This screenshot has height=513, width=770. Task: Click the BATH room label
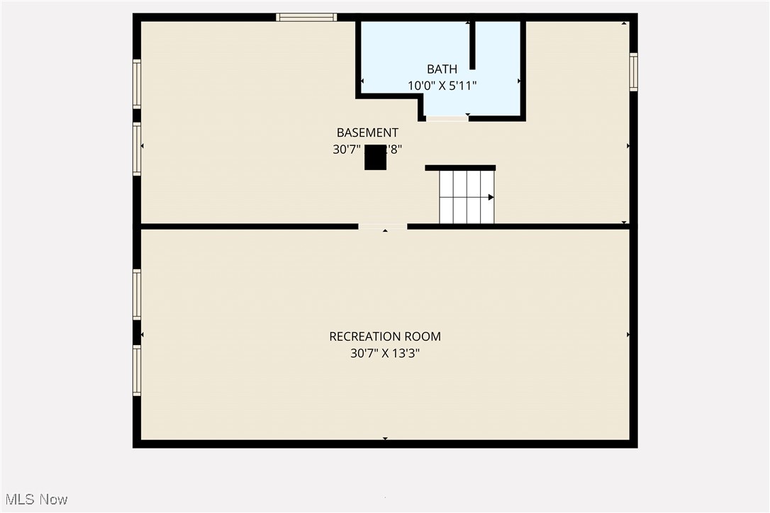pos(442,69)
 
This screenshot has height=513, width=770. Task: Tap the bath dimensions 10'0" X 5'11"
pos(442,86)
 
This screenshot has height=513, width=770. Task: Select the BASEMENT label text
pos(367,133)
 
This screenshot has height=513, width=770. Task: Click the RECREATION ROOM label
pos(385,337)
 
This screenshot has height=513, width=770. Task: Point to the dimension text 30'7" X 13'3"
pos(385,353)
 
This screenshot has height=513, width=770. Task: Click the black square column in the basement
pos(375,157)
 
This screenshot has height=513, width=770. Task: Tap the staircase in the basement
pos(467,197)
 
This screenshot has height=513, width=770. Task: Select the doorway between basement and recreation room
pos(383,227)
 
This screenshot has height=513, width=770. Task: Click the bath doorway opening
pos(447,118)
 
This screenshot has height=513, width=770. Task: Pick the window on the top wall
pos(306,17)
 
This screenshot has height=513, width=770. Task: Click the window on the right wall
pos(633,72)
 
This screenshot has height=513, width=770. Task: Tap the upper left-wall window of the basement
pos(137,84)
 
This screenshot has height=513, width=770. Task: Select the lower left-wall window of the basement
pos(137,149)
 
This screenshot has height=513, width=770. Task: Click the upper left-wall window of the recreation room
pos(137,294)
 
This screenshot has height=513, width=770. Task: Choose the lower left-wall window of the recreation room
pos(137,370)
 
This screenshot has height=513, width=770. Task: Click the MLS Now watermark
pos(35,500)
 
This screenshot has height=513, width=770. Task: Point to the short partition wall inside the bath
pos(472,45)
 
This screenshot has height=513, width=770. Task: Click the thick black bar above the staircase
pos(460,168)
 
